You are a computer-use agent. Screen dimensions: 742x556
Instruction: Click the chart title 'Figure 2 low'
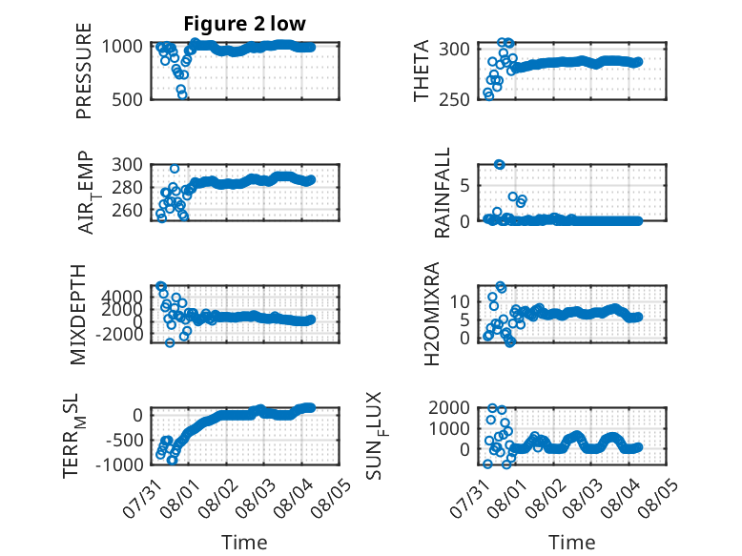[245, 24]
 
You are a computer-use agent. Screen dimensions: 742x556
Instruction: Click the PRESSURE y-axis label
[83, 71]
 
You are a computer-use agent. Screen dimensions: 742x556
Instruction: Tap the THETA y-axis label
[421, 71]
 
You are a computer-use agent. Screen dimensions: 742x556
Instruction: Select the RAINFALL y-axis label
[442, 193]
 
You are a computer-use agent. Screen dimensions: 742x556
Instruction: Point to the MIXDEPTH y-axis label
[77, 315]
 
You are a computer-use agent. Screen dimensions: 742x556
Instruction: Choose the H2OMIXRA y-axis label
[432, 314]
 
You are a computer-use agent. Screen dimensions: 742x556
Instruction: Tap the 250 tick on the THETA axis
[454, 100]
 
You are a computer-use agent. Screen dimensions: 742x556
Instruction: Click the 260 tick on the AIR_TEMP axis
[127, 210]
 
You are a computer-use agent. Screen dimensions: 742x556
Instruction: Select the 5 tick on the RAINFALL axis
[464, 185]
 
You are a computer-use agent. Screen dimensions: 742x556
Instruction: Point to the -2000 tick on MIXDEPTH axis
[119, 334]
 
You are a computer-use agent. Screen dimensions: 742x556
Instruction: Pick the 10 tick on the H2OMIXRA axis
[459, 301]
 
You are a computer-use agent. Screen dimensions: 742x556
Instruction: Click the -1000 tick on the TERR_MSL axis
[119, 464]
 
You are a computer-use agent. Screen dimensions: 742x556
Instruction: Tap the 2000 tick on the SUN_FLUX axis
[449, 407]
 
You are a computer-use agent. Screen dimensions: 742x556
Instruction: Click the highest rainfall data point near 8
[499, 164]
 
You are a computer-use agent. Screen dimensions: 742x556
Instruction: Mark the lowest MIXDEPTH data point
[170, 342]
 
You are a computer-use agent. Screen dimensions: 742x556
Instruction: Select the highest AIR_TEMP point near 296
[175, 169]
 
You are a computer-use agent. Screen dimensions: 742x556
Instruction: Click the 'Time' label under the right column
[571, 543]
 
